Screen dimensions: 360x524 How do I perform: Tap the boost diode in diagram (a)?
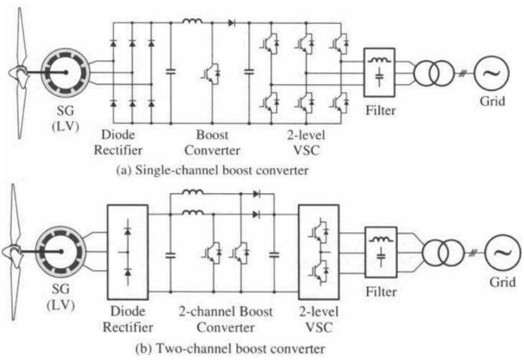click(x=231, y=23)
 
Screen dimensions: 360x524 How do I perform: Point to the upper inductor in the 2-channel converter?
click(x=193, y=192)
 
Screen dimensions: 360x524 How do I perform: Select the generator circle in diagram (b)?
click(x=62, y=251)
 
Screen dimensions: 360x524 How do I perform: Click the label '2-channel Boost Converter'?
click(x=225, y=319)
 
